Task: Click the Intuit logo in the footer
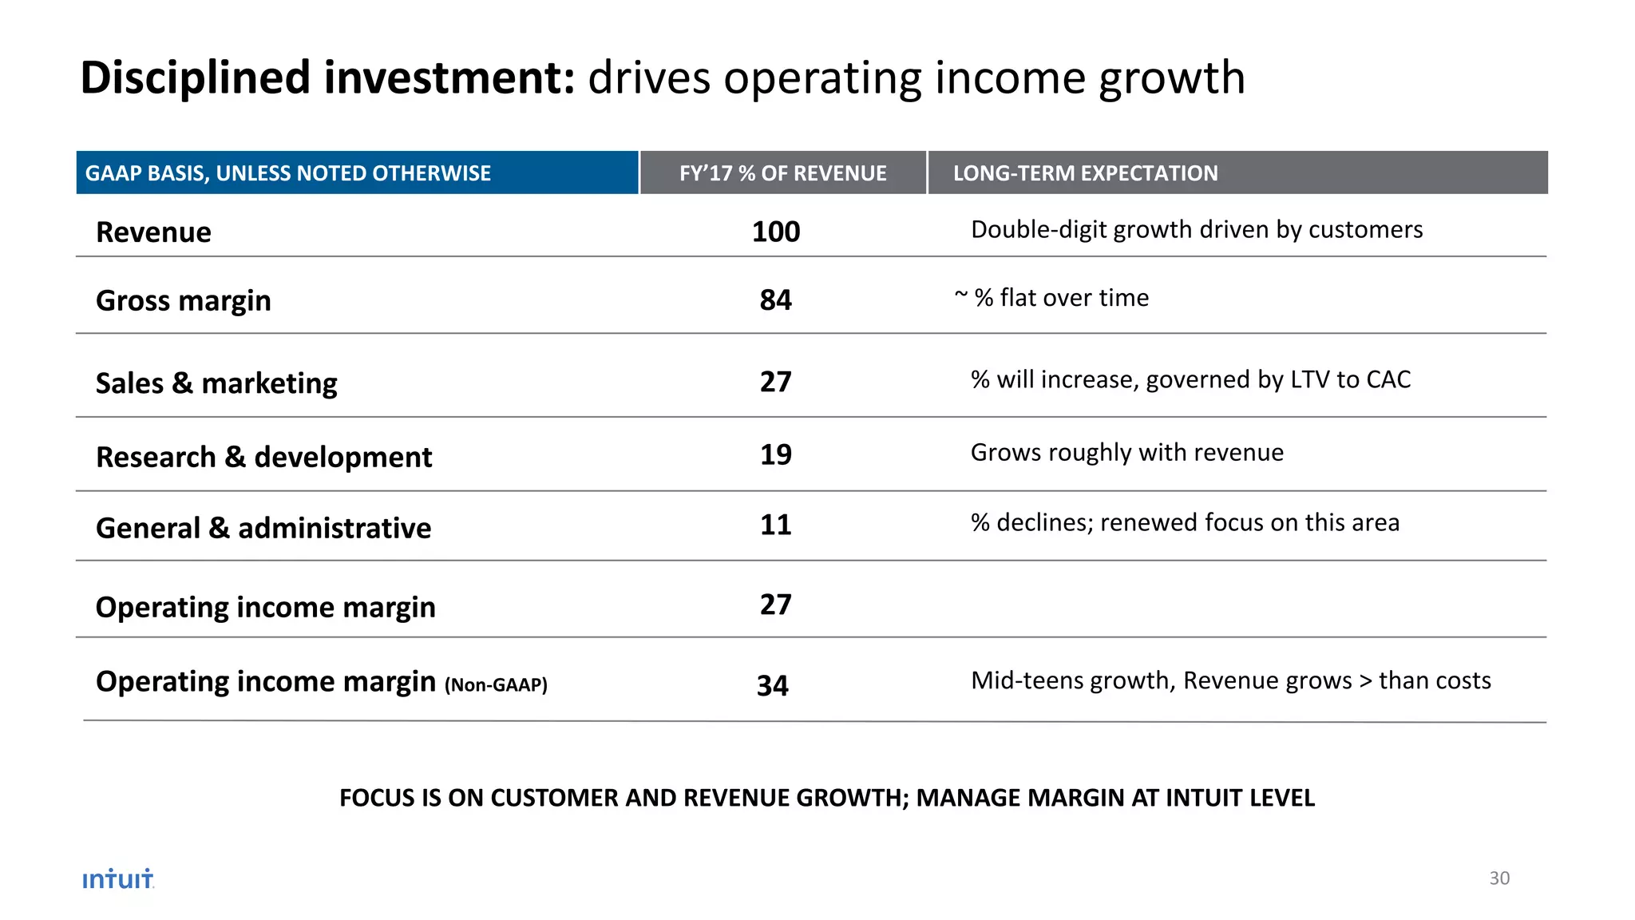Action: (x=118, y=879)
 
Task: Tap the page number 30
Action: (x=1499, y=878)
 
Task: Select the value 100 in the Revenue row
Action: (x=775, y=232)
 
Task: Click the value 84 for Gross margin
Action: (x=775, y=300)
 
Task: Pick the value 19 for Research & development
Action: (x=775, y=455)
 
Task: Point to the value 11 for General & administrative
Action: (x=775, y=525)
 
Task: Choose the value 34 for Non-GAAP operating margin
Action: (x=772, y=686)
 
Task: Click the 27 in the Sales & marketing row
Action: (x=775, y=382)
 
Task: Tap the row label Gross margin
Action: (x=184, y=301)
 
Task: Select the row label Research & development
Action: (x=263, y=458)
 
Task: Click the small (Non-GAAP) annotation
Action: (x=496, y=685)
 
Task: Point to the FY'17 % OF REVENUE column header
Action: (x=782, y=173)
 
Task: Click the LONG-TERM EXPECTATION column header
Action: (x=1085, y=173)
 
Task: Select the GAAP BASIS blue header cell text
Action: (x=288, y=173)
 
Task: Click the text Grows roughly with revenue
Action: (x=1126, y=453)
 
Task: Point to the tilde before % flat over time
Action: (x=961, y=295)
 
